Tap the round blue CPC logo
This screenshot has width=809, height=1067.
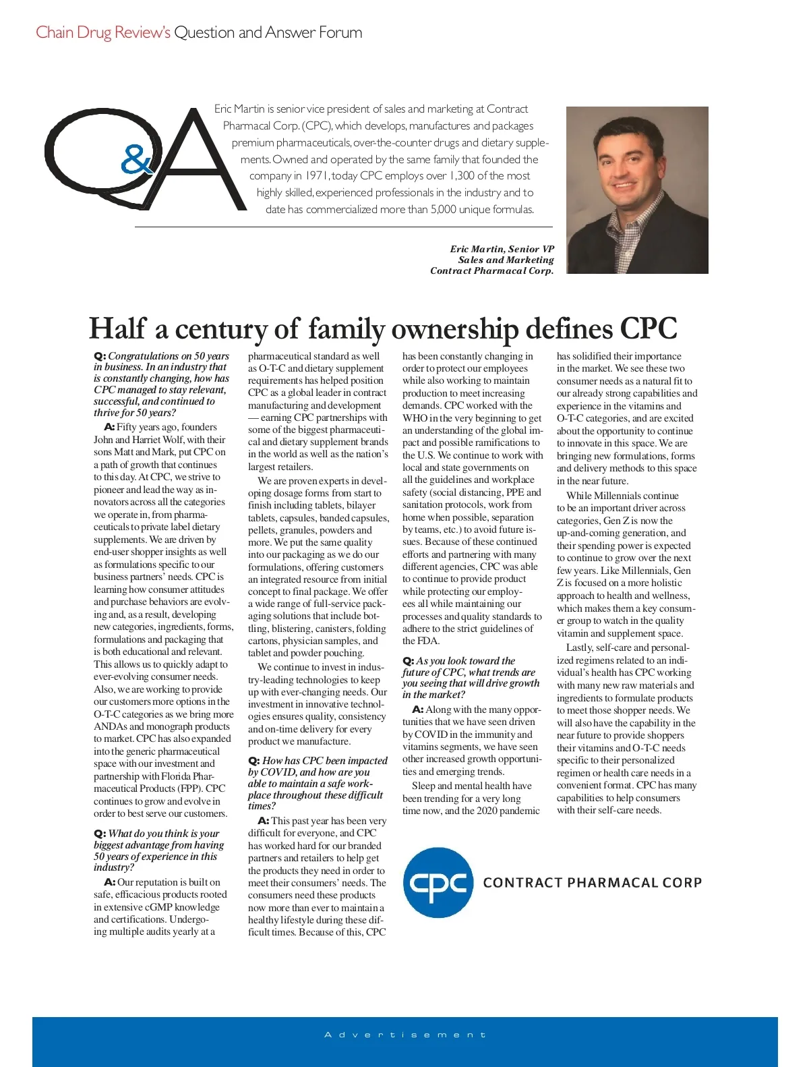(x=438, y=882)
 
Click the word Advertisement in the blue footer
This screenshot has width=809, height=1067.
(x=405, y=1035)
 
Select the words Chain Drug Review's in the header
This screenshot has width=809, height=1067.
(x=102, y=32)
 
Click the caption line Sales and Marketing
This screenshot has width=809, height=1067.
(x=506, y=260)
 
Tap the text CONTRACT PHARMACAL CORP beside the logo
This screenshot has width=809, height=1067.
(x=593, y=883)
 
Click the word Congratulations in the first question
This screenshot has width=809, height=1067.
(x=143, y=356)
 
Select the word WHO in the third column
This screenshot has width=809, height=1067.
(x=415, y=418)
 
